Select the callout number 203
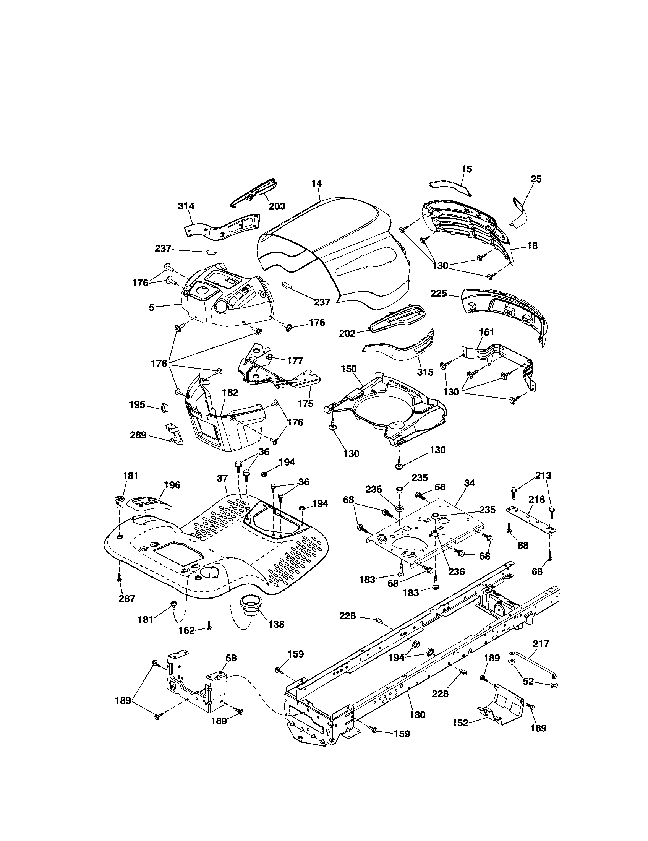(277, 206)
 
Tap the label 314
(186, 206)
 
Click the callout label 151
(486, 332)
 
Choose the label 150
(348, 369)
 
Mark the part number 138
(276, 624)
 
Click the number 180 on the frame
(417, 715)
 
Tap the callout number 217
(541, 643)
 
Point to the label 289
(138, 435)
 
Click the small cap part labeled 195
(165, 408)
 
